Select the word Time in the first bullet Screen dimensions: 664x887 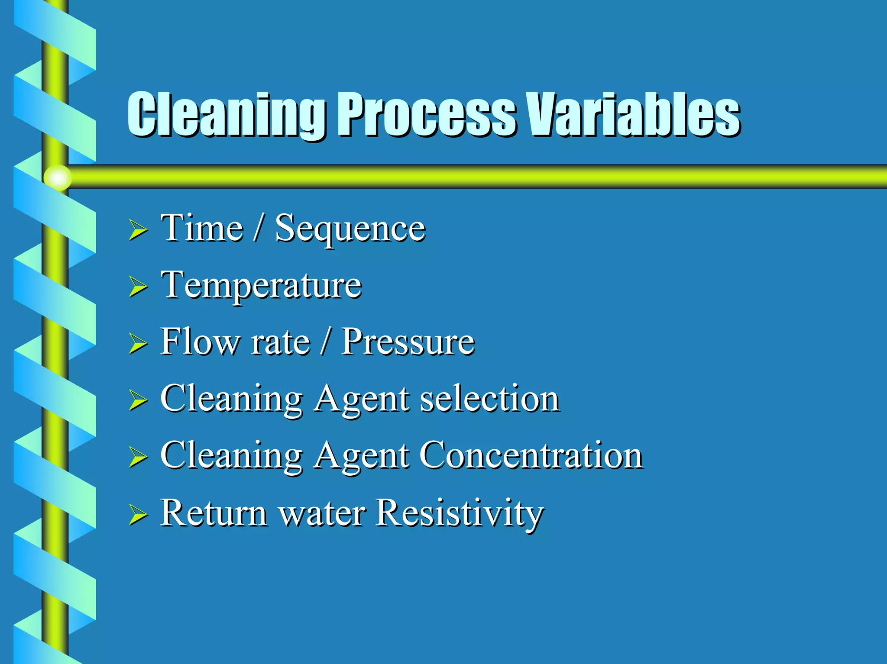pos(201,228)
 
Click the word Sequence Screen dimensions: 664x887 pos(350,229)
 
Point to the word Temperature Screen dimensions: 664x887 pos(261,286)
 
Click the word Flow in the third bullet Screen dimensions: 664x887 pos(200,342)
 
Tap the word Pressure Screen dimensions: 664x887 pos(408,342)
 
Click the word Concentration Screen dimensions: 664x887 pos(531,455)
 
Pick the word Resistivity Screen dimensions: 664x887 pos(459,513)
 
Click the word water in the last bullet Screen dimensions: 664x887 pos(322,514)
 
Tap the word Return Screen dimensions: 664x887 pos(214,513)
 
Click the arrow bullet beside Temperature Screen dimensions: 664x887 pos(138,287)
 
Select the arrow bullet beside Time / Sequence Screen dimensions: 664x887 pos(138,230)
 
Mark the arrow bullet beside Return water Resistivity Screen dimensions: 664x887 pos(138,515)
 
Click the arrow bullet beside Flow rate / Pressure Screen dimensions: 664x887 pos(138,344)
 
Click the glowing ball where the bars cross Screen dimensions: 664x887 pos(58,177)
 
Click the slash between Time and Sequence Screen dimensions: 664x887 pos(259,228)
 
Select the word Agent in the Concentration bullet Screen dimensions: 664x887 pos(361,457)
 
